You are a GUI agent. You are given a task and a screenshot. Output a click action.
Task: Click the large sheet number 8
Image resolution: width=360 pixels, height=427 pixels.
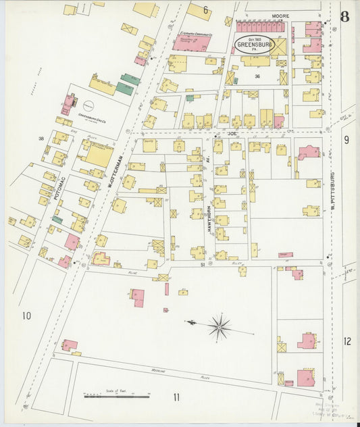pos(344,16)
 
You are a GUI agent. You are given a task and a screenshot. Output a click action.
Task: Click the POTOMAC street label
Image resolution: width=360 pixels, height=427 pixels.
pos(58,190)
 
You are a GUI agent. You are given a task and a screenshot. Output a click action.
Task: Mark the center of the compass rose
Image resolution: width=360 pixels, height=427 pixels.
pos(219,328)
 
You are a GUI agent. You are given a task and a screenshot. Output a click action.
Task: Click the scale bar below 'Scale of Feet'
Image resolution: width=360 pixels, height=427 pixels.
pos(116,396)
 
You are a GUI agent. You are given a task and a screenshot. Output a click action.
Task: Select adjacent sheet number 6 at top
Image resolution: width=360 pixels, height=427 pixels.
pos(205,9)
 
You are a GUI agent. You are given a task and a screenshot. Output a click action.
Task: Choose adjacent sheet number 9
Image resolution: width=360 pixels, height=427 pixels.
pos(346,140)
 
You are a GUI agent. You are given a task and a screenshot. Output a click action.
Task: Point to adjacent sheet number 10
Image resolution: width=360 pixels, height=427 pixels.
pos(26,316)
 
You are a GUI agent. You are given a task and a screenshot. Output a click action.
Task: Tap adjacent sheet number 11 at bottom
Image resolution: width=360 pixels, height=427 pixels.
pos(176,397)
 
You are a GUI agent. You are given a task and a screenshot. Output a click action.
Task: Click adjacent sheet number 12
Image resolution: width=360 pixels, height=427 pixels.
pos(347,341)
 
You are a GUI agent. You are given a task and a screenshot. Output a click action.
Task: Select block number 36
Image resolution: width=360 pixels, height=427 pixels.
pos(257,76)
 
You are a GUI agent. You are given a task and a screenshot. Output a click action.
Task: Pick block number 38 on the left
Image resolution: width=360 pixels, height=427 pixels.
pos(41,139)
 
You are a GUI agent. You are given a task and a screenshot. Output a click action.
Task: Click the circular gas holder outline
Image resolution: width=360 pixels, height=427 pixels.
pos(88,105)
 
